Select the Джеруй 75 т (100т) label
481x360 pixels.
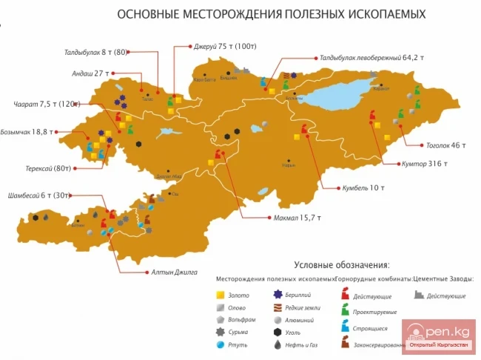tap(215, 46)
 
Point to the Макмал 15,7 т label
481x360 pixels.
tap(295, 217)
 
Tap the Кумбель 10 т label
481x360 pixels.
tap(363, 188)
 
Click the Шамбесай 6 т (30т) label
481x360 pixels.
tap(37, 196)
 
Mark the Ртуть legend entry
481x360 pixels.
tap(234, 344)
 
